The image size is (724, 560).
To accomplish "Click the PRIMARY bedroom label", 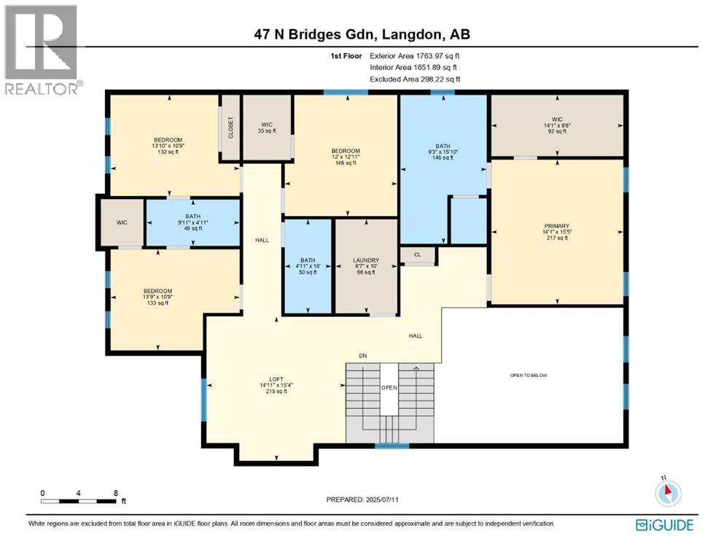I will (556, 226).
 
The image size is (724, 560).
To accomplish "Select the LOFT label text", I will (276, 379).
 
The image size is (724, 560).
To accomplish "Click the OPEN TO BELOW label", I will (529, 376).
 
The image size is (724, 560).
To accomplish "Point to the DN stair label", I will (362, 356).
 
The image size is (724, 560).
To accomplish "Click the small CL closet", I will (418, 255).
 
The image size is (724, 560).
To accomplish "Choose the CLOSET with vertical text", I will (231, 128).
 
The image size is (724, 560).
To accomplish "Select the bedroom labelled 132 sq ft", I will (168, 145).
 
